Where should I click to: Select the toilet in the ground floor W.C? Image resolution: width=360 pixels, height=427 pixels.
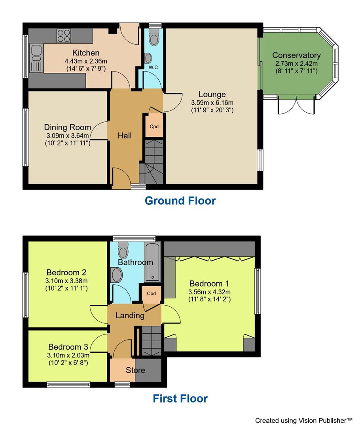153,39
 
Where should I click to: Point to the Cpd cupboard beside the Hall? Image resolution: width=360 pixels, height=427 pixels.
153,127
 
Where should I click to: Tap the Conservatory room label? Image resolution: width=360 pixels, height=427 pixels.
296,55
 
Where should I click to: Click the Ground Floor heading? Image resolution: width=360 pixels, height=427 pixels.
180,201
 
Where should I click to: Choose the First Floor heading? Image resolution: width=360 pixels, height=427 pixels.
180,398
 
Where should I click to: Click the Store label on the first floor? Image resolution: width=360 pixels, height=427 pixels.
135,370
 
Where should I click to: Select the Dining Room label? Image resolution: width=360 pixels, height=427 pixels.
67,127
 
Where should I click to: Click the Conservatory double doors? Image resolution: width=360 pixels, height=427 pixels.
296,105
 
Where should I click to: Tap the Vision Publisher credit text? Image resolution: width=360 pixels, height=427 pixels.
303,420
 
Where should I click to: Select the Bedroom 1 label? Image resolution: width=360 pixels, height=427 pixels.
209,283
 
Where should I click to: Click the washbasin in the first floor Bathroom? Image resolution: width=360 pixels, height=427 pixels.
117,275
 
